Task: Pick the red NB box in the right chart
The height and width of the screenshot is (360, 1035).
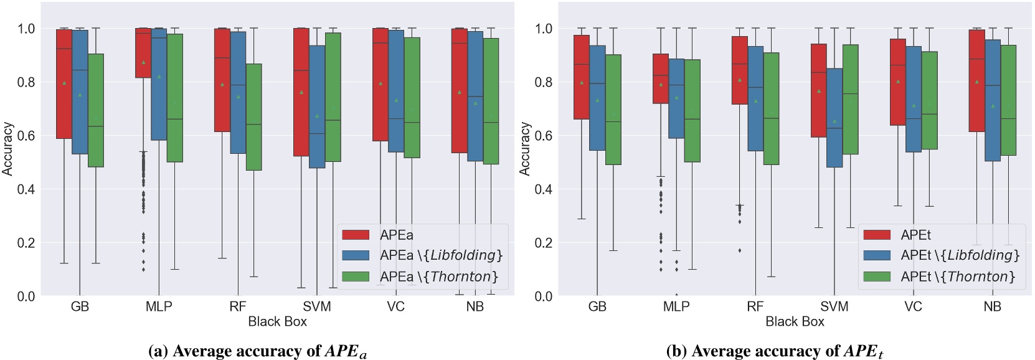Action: click(x=976, y=81)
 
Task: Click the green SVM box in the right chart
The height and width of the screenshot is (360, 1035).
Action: click(x=850, y=100)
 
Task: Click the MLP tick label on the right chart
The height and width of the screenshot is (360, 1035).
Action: click(x=676, y=306)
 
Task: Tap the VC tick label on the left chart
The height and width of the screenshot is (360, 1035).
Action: click(x=395, y=306)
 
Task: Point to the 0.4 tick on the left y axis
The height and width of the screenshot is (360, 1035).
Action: click(x=27, y=189)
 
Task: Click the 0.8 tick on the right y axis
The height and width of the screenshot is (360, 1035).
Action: click(x=544, y=82)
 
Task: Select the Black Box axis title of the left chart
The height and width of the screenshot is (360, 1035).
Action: click(x=277, y=321)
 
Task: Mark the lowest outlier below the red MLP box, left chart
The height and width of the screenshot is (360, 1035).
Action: click(x=143, y=269)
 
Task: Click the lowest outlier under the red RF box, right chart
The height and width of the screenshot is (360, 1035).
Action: click(x=740, y=250)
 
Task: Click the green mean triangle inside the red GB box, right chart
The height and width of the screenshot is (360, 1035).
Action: click(x=582, y=82)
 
